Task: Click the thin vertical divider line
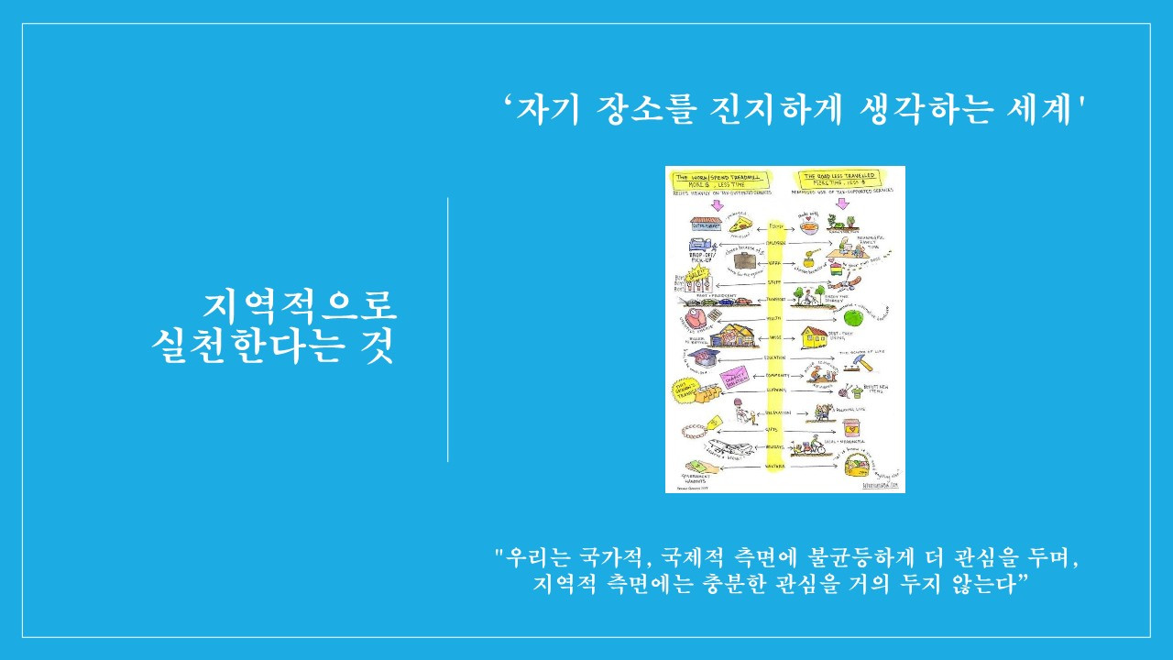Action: click(x=448, y=330)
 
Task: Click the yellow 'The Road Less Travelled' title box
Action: click(x=836, y=177)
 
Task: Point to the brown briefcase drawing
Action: click(x=748, y=262)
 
